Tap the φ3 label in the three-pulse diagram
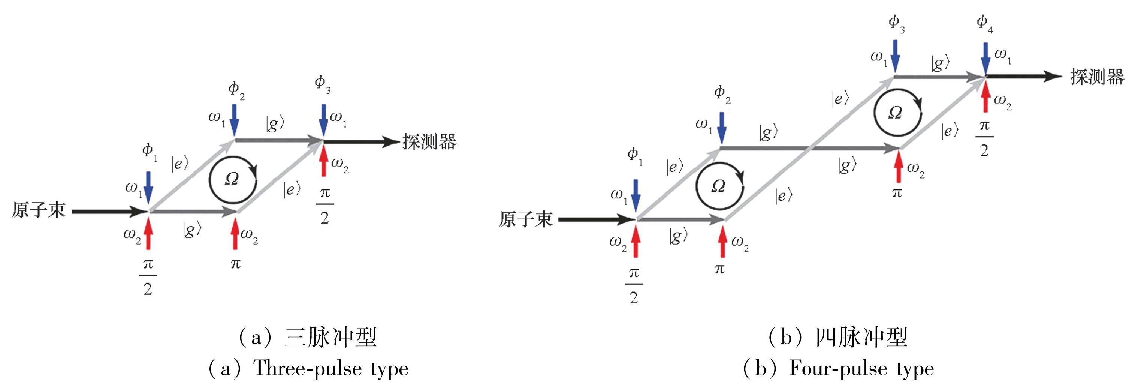click(322, 84)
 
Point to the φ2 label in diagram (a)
click(236, 90)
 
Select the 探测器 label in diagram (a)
click(429, 142)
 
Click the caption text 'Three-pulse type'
click(331, 369)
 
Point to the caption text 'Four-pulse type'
click(861, 369)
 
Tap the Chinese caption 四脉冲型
click(861, 338)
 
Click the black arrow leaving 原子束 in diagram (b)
click(596, 219)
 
